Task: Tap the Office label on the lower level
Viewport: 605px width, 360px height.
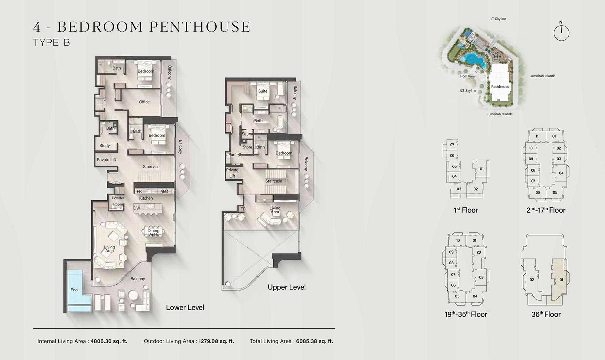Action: pyautogui.click(x=144, y=102)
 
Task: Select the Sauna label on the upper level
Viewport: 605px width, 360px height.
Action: pyautogui.click(x=247, y=134)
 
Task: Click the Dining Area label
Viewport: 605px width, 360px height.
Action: pyautogui.click(x=153, y=233)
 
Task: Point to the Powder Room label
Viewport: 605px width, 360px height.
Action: pyautogui.click(x=118, y=201)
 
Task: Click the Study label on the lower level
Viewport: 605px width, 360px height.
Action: pyautogui.click(x=105, y=145)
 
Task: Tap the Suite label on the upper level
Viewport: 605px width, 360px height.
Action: pyautogui.click(x=263, y=91)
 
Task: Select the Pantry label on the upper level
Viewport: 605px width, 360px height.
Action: pyautogui.click(x=234, y=155)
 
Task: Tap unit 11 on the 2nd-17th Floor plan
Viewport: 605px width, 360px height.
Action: pyautogui.click(x=537, y=136)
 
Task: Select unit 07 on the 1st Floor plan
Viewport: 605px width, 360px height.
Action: pyautogui.click(x=452, y=145)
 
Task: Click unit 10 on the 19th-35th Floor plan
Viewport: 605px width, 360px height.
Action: pyautogui.click(x=458, y=240)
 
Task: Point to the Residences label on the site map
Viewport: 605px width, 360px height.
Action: pyautogui.click(x=500, y=87)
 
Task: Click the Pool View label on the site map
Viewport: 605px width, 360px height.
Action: pyautogui.click(x=468, y=76)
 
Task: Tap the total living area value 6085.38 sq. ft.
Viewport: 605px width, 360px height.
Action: pyautogui.click(x=314, y=341)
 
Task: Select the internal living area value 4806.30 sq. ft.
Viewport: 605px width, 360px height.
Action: pyautogui.click(x=109, y=341)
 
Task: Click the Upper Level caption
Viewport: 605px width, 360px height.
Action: pyautogui.click(x=286, y=287)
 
